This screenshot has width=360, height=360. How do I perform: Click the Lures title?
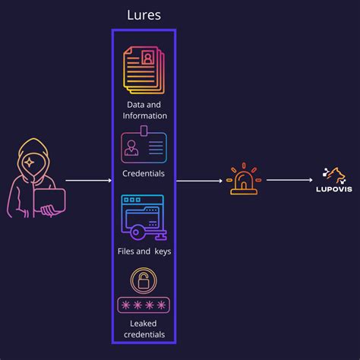click(144, 16)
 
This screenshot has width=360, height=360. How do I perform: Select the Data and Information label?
click(144, 109)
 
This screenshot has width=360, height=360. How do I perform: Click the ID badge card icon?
click(144, 147)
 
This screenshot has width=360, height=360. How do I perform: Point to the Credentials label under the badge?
click(144, 173)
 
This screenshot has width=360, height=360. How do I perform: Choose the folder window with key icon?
click(143, 217)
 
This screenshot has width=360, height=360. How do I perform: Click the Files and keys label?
click(144, 251)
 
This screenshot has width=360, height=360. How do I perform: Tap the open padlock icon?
click(144, 283)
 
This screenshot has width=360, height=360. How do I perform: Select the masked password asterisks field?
click(144, 305)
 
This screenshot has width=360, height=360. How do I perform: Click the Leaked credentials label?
click(144, 329)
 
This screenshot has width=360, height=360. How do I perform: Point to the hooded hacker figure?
click(35, 178)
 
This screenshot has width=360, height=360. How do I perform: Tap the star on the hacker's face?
click(29, 162)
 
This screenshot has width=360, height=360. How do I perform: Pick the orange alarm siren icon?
click(244, 179)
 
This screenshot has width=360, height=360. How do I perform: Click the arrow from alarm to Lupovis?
click(289, 180)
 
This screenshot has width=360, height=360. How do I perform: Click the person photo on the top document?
click(148, 58)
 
